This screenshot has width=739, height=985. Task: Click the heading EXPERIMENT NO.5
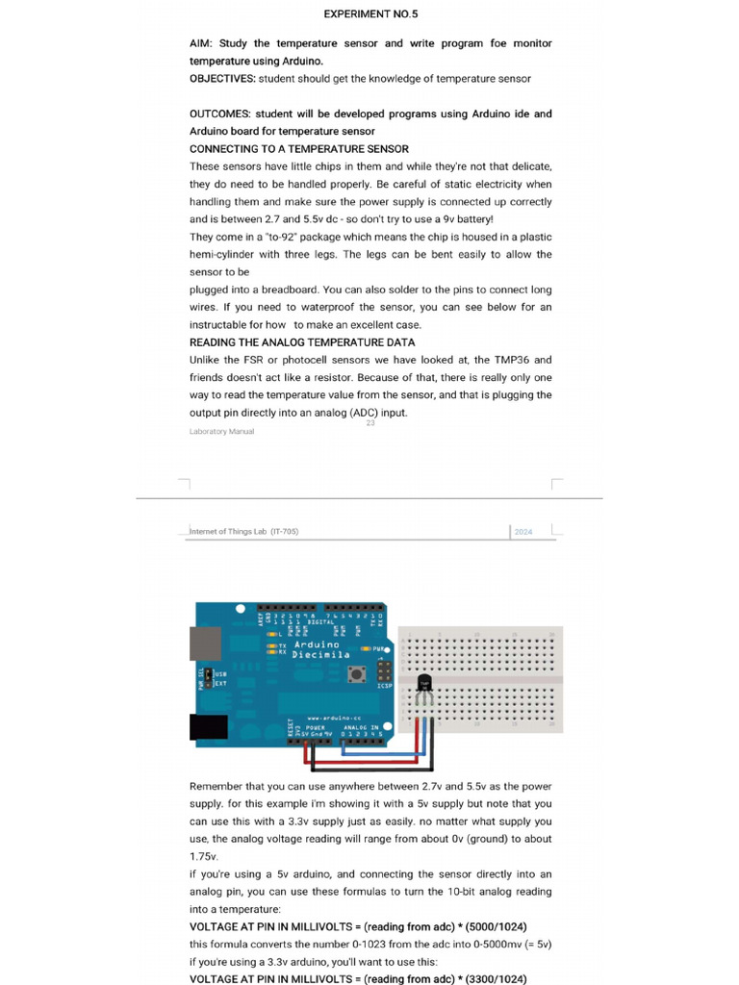tap(370, 14)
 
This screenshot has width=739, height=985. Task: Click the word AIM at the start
tap(202, 43)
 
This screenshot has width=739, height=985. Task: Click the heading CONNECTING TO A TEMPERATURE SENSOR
tap(298, 149)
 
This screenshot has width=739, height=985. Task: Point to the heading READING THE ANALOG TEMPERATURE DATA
tap(302, 342)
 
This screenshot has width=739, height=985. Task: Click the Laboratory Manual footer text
tap(221, 432)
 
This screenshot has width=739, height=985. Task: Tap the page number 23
tap(370, 424)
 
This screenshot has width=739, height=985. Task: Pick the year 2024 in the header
tap(523, 532)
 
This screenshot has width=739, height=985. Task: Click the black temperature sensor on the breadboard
tap(424, 685)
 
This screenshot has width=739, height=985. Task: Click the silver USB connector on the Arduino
tap(205, 644)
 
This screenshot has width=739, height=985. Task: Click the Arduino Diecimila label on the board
tap(316, 649)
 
